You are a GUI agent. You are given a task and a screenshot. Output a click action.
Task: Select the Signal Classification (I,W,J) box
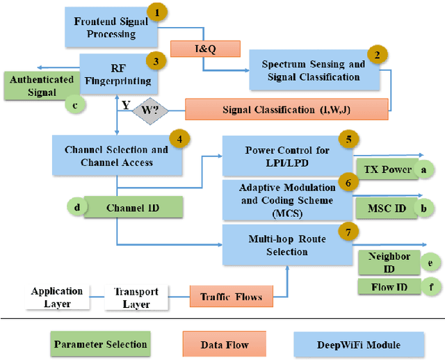286,109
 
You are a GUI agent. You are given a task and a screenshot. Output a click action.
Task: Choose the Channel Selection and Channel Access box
116,156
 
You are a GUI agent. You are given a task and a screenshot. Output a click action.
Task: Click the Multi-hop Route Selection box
286,245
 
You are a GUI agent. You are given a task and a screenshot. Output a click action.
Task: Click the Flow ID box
389,286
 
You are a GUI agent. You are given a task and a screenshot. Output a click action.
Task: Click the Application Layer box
57,297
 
